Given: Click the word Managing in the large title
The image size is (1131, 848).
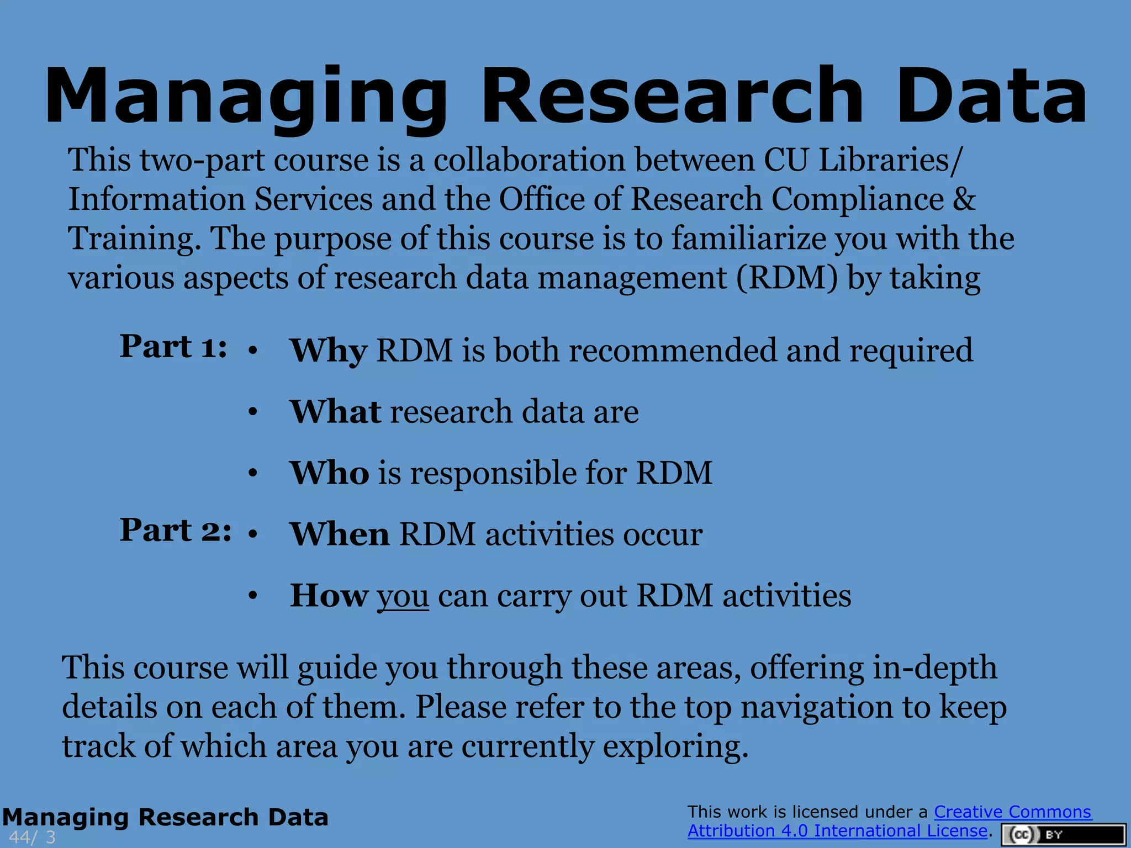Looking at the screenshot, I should (x=246, y=97).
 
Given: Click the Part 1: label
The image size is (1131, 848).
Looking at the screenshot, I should (x=173, y=347).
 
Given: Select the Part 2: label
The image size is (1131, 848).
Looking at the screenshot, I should (x=175, y=531).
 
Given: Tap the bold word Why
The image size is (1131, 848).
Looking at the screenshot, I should (x=328, y=351).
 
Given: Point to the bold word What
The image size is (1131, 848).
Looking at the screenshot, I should (x=335, y=412).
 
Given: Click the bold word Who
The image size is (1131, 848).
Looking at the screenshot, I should (x=330, y=473).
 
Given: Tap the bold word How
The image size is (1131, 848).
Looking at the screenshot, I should (x=329, y=596).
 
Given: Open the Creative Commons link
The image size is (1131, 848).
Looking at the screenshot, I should (x=1012, y=812).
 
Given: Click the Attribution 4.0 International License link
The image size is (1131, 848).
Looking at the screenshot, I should (x=837, y=830).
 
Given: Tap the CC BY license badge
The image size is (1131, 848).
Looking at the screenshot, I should (x=1063, y=835).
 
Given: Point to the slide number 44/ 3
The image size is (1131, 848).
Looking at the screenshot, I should (x=32, y=837).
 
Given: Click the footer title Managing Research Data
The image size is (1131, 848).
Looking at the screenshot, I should (x=165, y=817).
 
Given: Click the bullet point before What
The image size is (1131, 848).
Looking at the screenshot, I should (x=253, y=412).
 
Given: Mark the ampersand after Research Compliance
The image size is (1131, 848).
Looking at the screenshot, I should (x=964, y=199).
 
